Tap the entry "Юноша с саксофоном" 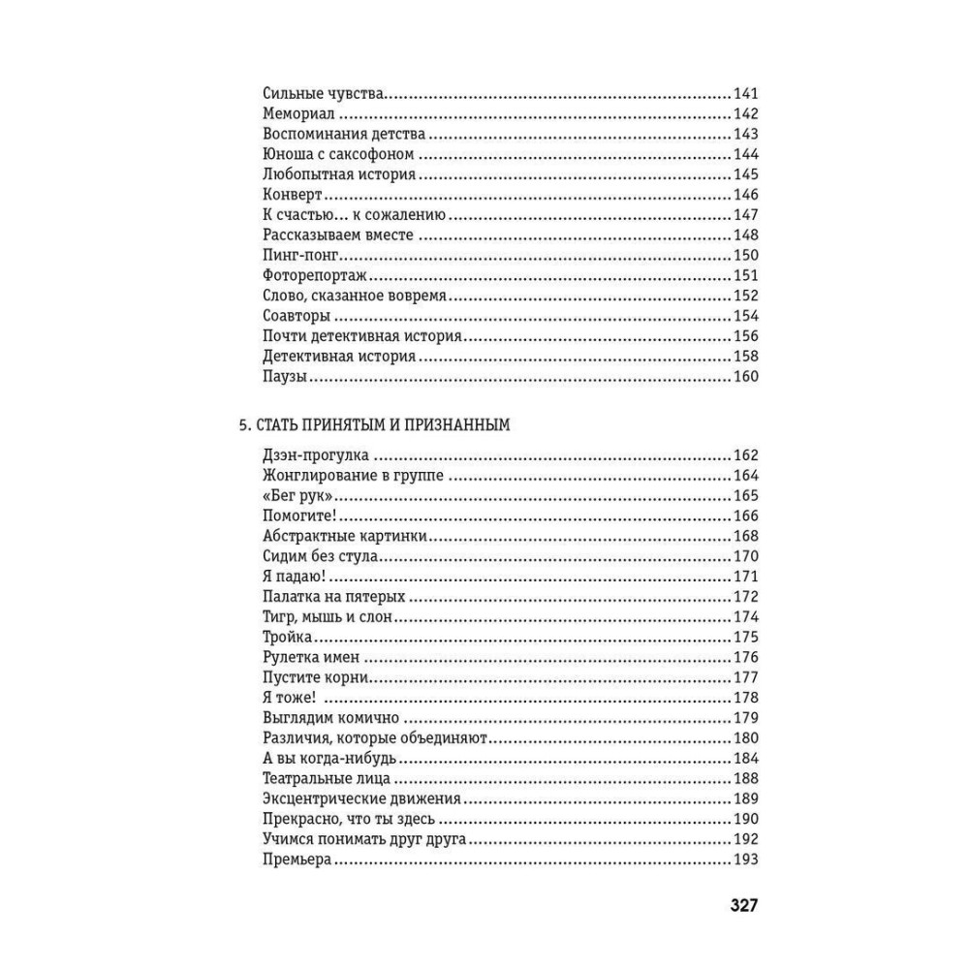[338, 155]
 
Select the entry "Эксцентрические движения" [360, 799]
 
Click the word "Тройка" [287, 638]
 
